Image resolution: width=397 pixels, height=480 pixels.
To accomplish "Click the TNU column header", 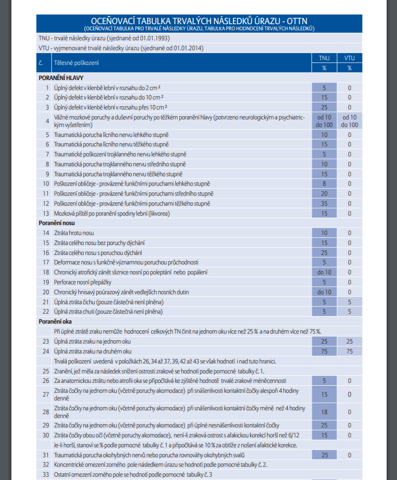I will (324, 58).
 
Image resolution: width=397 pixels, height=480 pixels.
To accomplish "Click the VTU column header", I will (349, 58).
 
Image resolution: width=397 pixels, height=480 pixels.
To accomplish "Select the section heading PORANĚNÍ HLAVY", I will (62, 78).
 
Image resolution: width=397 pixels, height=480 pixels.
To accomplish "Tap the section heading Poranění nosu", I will (56, 223).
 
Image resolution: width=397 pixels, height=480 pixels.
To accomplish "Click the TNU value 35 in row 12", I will (324, 203).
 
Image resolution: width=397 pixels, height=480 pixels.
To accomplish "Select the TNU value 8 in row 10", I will (324, 183).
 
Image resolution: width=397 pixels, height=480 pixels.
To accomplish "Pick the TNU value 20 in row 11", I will (324, 193).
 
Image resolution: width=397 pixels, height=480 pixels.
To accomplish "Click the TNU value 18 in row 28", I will (324, 412).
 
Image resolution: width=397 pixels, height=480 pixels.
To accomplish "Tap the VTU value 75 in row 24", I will (349, 351).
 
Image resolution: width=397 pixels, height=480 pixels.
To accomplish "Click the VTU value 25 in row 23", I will (349, 341).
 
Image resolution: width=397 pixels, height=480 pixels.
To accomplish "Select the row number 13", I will (46, 213).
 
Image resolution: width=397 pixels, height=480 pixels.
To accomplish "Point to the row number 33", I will (46, 474).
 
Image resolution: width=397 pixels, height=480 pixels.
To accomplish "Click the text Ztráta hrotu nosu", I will (74, 233).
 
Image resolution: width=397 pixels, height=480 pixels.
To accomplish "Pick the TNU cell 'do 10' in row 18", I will (324, 272).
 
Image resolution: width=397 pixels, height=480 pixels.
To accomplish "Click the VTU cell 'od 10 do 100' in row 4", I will (349, 121).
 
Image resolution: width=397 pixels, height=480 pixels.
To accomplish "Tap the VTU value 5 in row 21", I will (349, 302).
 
